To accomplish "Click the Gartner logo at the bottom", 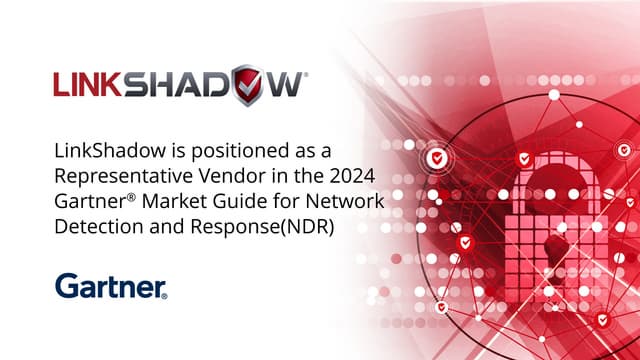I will [x=111, y=286].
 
